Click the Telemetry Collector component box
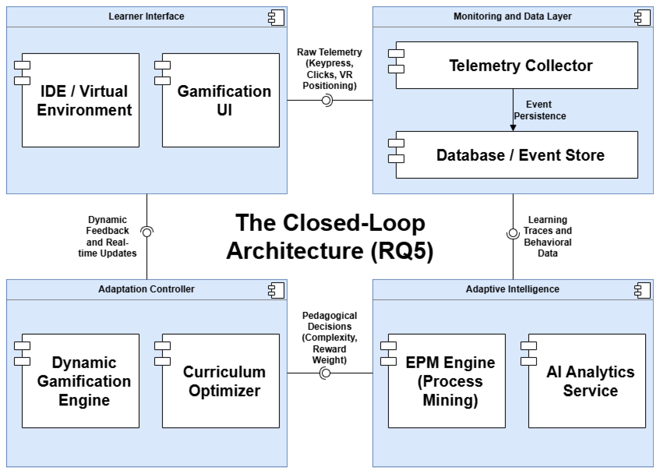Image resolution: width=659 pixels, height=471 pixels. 517,65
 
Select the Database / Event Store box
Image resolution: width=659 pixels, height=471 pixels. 517,155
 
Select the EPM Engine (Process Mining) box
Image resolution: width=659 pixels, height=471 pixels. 447,381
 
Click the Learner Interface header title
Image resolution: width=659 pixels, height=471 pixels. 146,16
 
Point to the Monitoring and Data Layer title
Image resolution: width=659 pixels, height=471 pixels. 513,16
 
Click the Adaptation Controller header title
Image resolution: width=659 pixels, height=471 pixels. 146,289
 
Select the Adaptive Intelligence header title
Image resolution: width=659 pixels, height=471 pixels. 513,289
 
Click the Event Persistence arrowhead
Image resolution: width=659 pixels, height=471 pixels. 513,128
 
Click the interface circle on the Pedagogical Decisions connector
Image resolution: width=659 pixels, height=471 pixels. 325,373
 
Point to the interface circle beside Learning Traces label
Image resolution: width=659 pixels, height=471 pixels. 513,233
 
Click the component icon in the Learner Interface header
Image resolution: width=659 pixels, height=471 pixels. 276,17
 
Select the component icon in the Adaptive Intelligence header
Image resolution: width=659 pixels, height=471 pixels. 642,290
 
